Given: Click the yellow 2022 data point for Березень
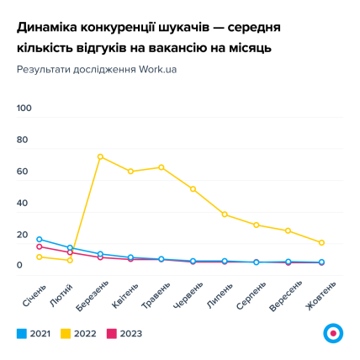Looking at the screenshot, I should pyautogui.click(x=100, y=156).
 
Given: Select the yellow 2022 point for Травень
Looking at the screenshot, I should pyautogui.click(x=161, y=167).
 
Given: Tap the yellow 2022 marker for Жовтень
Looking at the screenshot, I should pyautogui.click(x=321, y=242).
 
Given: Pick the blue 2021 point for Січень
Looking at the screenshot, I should pyautogui.click(x=39, y=240).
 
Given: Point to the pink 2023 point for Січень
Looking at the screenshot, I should pyautogui.click(x=39, y=247).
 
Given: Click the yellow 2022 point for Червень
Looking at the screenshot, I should pyautogui.click(x=193, y=189).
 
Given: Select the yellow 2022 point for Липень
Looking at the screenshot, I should pyautogui.click(x=225, y=214).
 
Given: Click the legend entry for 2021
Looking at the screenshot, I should pyautogui.click(x=34, y=333).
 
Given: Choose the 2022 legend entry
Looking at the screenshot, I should pyautogui.click(x=79, y=333).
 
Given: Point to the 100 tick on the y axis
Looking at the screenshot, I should pyautogui.click(x=24, y=108).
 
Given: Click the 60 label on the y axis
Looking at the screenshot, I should pyautogui.click(x=23, y=172).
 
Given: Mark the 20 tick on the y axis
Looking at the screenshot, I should pyautogui.click(x=23, y=235).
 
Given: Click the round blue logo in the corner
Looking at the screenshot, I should pyautogui.click(x=333, y=333).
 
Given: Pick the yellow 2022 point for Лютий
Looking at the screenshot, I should pyautogui.click(x=70, y=260).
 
